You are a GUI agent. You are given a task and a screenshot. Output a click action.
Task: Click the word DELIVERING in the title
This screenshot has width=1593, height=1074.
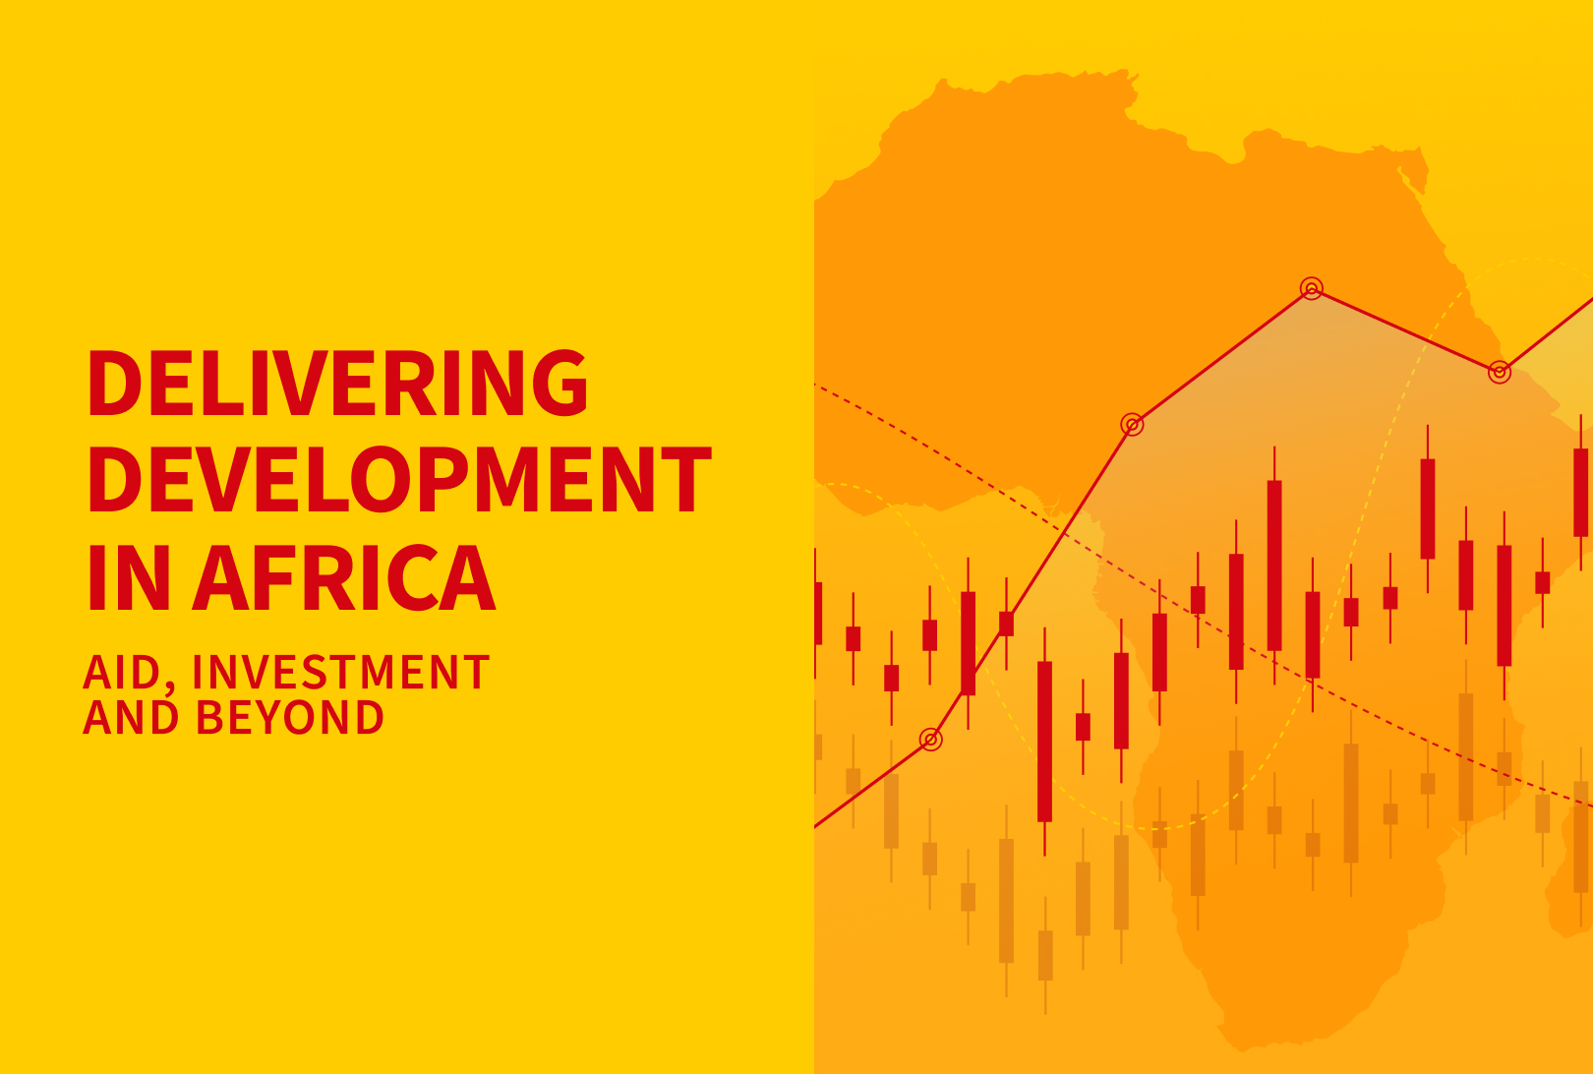click(337, 383)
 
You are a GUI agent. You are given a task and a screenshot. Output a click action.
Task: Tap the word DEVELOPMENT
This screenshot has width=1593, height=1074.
click(399, 480)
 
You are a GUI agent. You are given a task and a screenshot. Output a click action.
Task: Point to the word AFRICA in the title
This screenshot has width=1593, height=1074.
click(344, 577)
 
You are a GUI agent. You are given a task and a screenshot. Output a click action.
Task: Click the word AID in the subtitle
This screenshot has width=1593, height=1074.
click(122, 674)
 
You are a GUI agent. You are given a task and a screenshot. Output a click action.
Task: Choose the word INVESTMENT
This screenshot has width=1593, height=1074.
click(340, 674)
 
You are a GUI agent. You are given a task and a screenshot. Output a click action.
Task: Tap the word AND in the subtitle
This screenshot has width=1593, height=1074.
click(131, 717)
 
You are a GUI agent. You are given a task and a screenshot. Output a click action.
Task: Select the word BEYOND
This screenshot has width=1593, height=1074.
click(290, 717)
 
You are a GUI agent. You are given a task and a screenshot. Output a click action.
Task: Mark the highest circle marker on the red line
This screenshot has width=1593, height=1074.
click(1311, 288)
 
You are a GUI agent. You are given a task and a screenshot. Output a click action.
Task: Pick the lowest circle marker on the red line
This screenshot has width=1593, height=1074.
click(930, 739)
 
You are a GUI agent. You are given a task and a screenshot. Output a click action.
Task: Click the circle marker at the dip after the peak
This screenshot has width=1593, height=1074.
click(1499, 372)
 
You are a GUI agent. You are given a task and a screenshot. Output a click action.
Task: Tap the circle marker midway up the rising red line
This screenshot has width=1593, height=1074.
click(1132, 425)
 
